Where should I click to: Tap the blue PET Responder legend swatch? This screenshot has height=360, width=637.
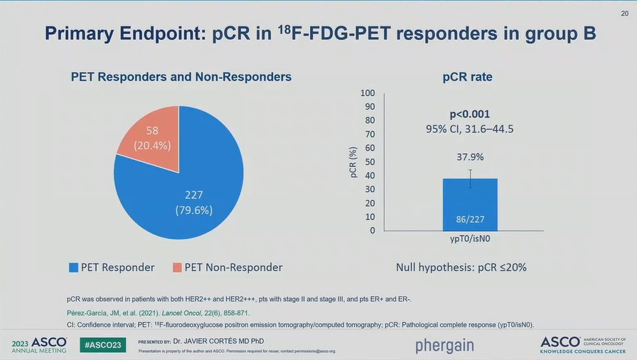[x=73, y=268]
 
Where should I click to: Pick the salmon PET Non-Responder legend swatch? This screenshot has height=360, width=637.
[x=177, y=268]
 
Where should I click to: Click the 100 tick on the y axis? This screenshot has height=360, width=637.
[x=368, y=93]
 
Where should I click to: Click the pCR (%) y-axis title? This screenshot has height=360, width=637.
[x=353, y=162]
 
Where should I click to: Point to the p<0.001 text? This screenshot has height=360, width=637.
[x=469, y=114]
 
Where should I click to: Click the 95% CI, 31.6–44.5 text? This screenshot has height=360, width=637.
[x=469, y=129]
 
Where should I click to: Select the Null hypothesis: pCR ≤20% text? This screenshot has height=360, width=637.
[x=461, y=268]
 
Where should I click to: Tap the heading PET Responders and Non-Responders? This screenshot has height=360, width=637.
[x=181, y=77]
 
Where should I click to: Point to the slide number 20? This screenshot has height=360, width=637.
[x=623, y=13]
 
